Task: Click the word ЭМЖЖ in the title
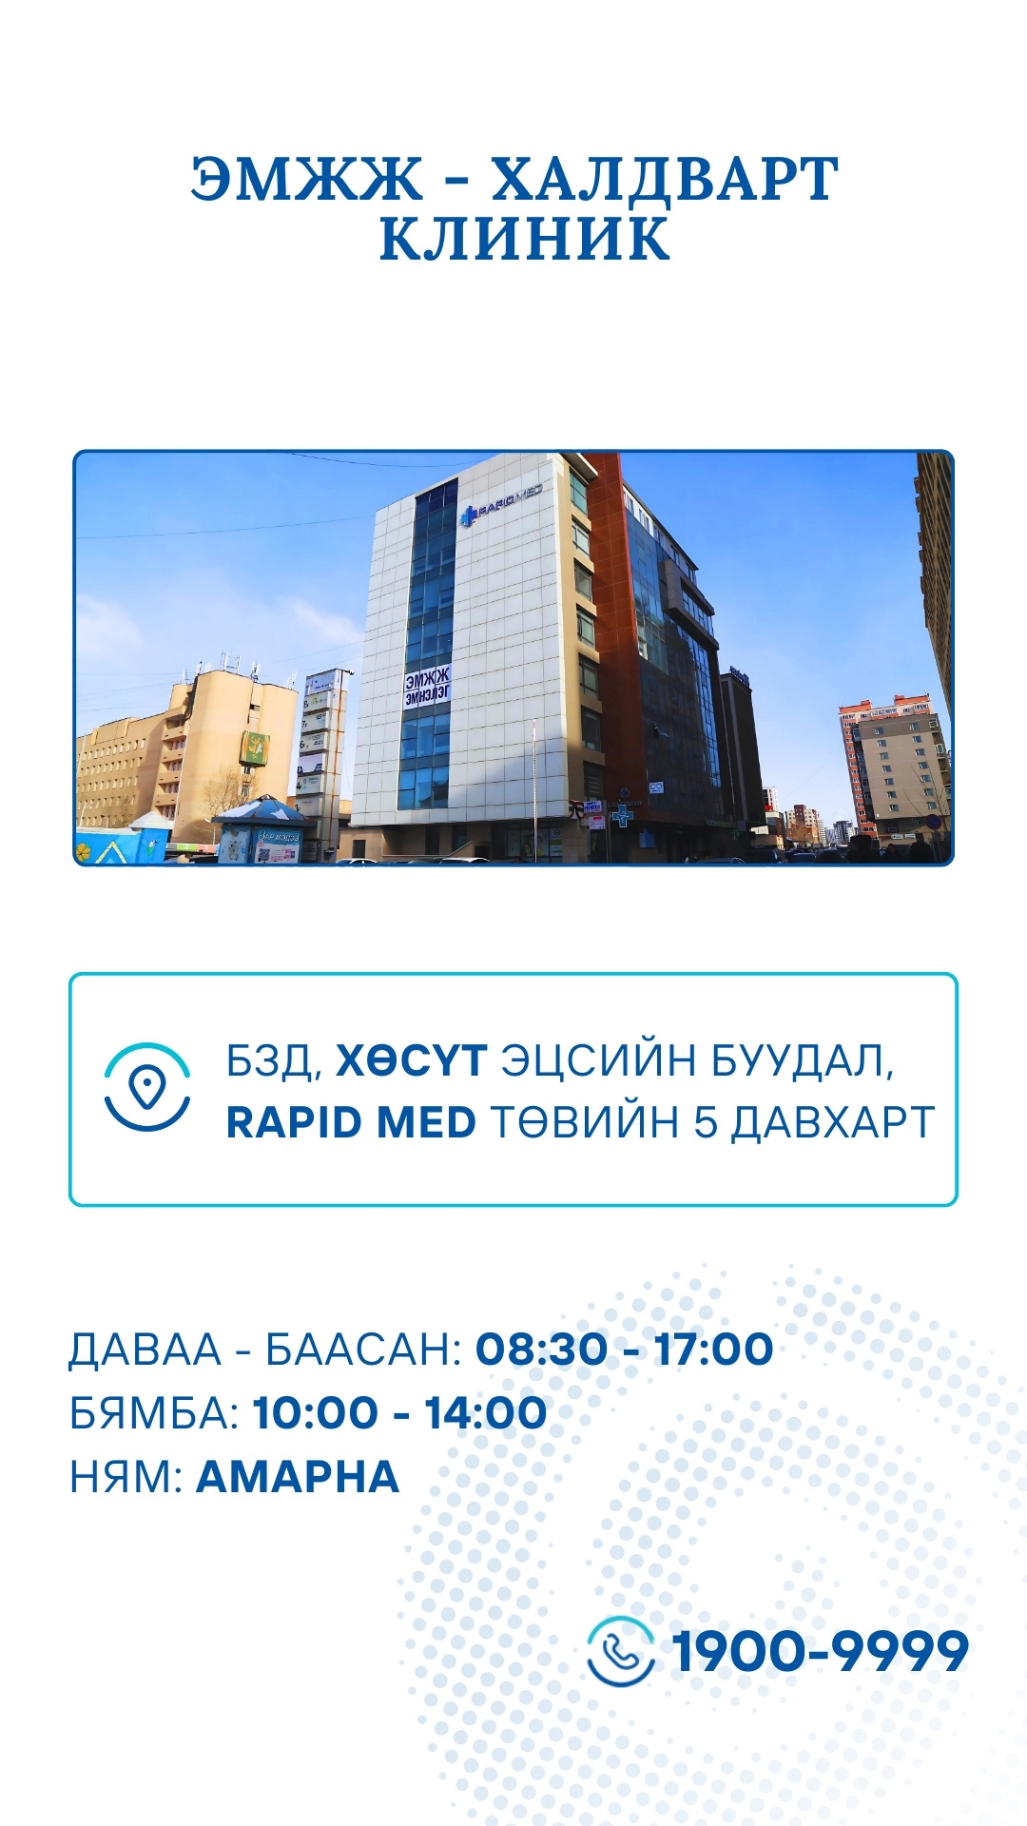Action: tap(306, 179)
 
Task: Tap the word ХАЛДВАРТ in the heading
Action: tap(664, 179)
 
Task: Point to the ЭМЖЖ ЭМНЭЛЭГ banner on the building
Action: tap(427, 688)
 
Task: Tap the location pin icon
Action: tap(147, 1087)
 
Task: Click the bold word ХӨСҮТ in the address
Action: tap(412, 1060)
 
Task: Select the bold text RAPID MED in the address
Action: tap(351, 1122)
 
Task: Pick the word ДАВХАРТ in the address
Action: tap(832, 1122)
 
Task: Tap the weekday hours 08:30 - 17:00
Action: tap(624, 1349)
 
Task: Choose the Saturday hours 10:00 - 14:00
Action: tap(399, 1412)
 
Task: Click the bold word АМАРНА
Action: tap(298, 1476)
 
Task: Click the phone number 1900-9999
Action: tap(820, 1650)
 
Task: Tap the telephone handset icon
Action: tap(621, 1650)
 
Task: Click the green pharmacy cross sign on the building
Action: tap(622, 816)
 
